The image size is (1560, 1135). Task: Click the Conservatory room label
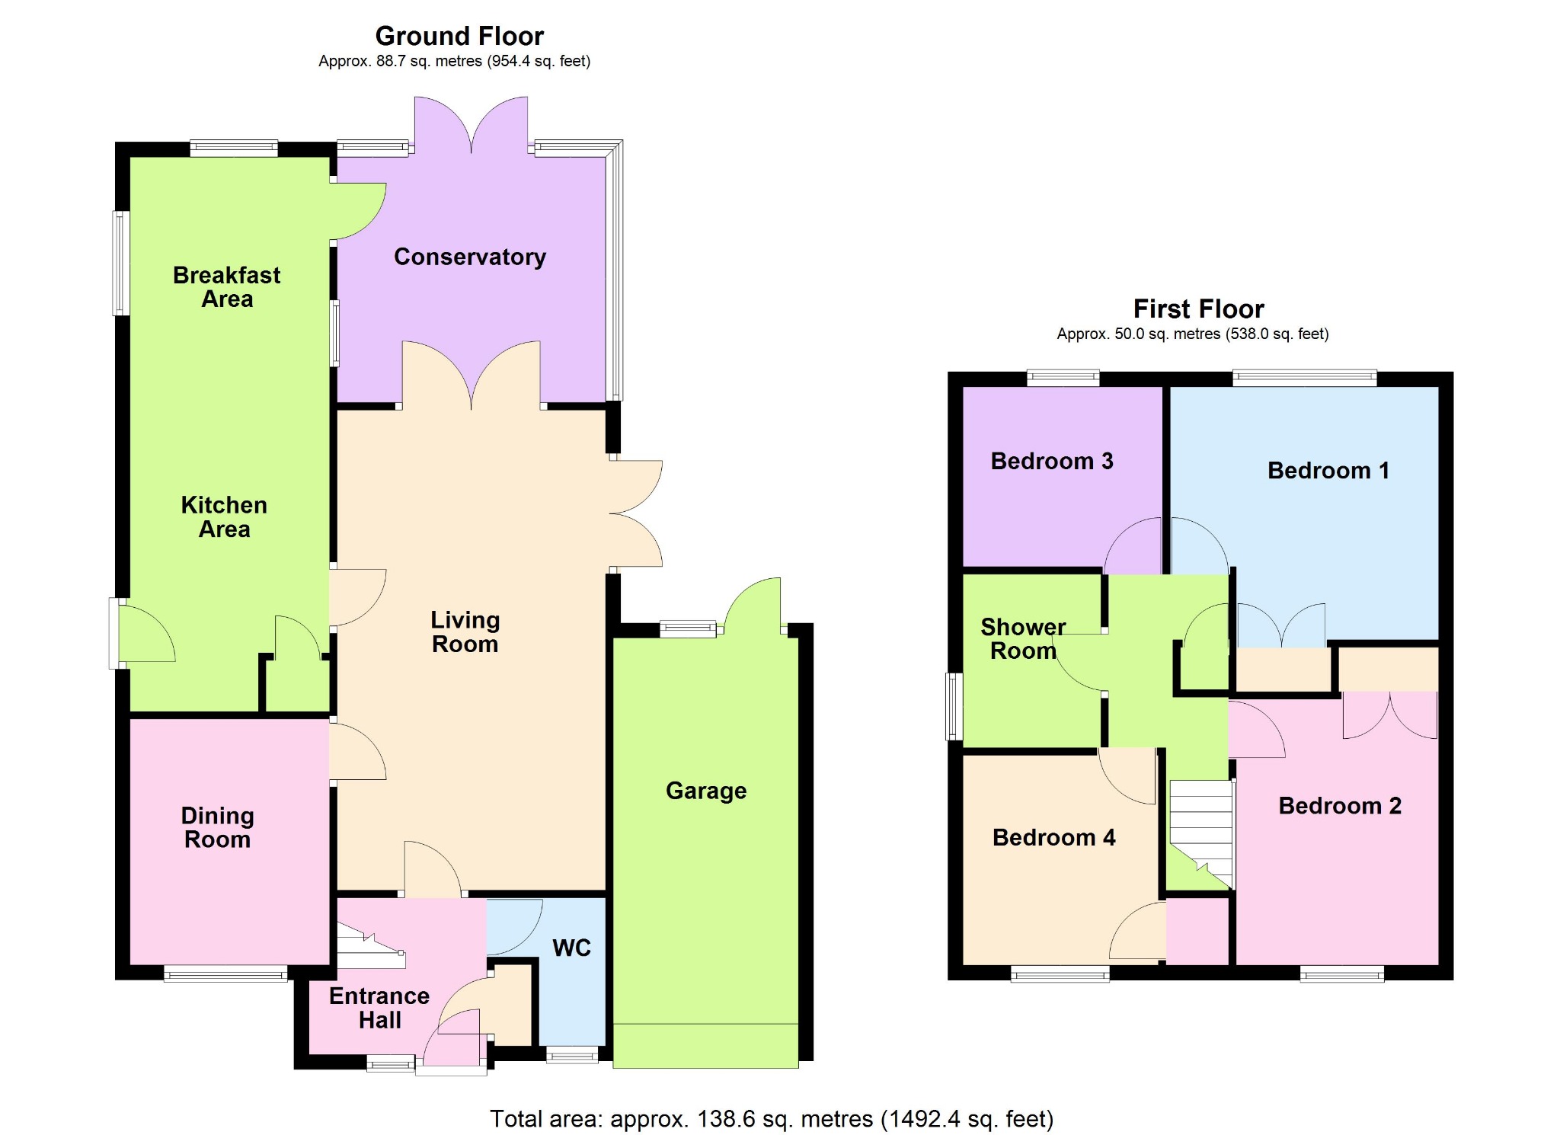470,257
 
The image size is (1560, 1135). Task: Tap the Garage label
706,791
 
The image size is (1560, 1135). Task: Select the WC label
572,948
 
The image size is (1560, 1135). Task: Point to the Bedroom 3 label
1052,461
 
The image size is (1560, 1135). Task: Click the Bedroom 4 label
1054,838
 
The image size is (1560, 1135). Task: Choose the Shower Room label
1023,639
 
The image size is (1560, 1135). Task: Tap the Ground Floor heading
459,36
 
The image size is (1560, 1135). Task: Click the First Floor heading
1199,309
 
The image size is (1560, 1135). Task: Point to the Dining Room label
218,828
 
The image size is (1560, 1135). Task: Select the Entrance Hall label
379,1009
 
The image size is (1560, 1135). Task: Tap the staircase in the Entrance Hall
371,945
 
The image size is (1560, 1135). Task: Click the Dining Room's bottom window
225,974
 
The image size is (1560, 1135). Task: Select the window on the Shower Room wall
954,707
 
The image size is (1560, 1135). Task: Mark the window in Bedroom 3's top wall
1063,378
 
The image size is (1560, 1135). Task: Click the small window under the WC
572,1055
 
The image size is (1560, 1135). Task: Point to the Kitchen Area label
224,517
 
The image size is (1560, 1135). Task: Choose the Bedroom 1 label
1328,471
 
